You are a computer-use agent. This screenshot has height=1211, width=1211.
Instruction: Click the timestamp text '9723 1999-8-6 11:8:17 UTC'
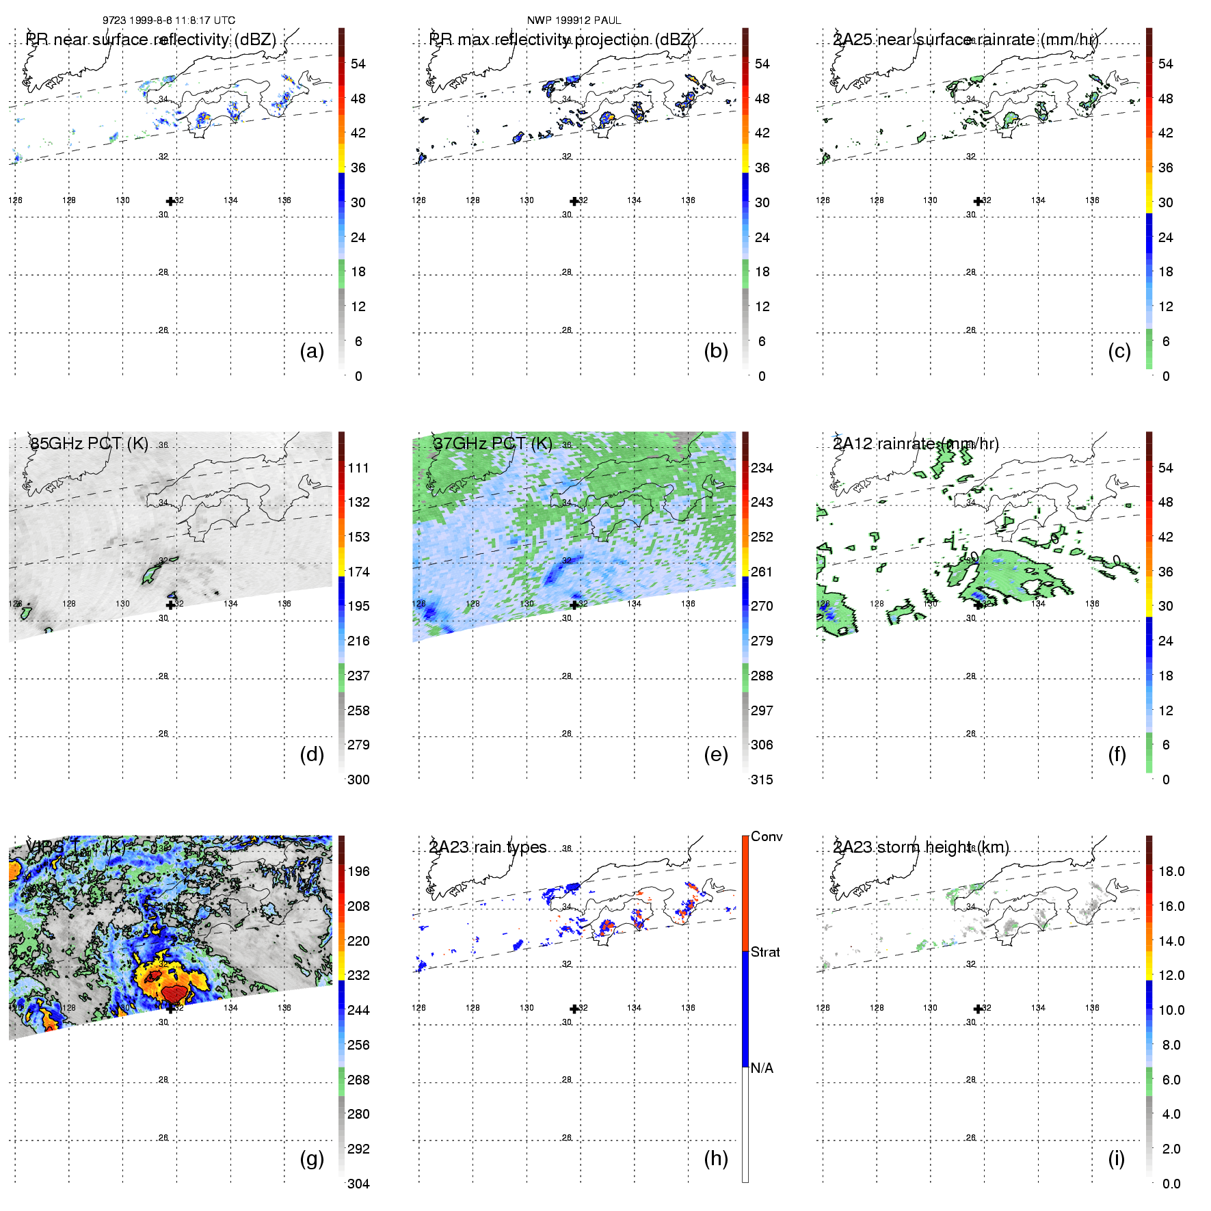168,21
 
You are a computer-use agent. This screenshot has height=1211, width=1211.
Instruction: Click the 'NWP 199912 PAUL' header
574,21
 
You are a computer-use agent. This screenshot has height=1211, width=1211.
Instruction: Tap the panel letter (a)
312,351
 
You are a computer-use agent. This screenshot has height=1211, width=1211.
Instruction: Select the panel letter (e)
715,754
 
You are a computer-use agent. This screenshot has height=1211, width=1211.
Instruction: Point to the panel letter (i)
1116,1158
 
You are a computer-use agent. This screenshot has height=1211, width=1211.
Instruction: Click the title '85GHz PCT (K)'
89,443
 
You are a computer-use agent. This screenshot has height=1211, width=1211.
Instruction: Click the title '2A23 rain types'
488,847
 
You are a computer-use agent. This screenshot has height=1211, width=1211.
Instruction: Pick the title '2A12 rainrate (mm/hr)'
916,443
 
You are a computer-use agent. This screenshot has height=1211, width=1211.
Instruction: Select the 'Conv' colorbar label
767,836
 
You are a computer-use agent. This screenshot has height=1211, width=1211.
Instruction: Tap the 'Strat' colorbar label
765,952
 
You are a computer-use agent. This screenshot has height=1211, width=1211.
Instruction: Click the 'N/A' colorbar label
762,1068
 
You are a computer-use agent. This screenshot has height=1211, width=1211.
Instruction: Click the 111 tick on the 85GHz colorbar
358,468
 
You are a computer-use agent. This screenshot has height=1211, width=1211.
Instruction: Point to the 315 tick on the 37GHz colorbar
762,780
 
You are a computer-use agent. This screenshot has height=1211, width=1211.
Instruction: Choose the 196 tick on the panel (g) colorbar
358,871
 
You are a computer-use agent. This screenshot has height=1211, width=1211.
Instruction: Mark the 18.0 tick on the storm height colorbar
1171,871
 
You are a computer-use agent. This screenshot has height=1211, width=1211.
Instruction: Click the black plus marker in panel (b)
574,201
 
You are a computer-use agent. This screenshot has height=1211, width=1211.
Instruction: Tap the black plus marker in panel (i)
978,1009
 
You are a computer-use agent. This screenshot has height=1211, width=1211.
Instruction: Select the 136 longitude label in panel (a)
284,200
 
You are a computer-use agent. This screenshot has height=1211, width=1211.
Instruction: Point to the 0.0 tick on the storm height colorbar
1171,1184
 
